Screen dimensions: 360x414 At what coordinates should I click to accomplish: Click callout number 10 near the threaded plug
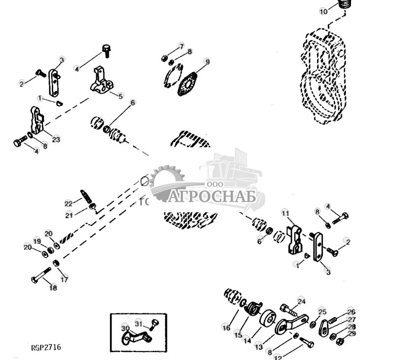point(323,11)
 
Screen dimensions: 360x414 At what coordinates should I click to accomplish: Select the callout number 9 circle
point(207,62)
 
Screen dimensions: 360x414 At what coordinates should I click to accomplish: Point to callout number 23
point(56,139)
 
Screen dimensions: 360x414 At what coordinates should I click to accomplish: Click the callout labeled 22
point(68,203)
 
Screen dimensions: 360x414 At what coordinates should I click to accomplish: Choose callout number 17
point(64,279)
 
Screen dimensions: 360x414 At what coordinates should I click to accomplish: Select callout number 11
point(285,213)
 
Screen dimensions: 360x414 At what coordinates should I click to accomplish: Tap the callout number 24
point(301,301)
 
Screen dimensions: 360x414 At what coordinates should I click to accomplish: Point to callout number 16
point(226,327)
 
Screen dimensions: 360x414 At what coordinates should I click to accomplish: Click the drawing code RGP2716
point(46,348)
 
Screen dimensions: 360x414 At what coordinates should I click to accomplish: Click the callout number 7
point(181,46)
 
